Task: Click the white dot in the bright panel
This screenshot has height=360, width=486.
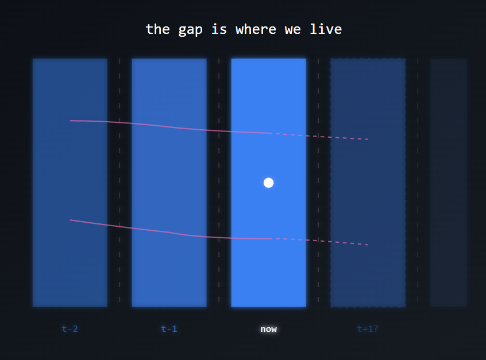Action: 268,183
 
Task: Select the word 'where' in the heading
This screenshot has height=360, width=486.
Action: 256,29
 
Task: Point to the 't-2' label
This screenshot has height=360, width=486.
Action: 70,329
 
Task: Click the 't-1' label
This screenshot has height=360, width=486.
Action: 169,329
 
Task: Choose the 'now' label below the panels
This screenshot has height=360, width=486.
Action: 268,329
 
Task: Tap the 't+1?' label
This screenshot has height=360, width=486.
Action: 368,329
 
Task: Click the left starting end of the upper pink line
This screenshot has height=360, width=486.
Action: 71,121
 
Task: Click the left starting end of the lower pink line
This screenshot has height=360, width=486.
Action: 71,220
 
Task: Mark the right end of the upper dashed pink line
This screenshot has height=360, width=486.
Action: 368,140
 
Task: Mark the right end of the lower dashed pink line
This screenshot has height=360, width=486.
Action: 368,245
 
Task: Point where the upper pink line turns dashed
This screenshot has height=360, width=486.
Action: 271,133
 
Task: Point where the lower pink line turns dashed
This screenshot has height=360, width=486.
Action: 271,238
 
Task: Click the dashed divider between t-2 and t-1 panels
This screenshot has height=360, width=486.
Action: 119,183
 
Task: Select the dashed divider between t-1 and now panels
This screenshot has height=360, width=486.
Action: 219,183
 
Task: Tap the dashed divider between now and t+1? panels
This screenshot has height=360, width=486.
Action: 318,183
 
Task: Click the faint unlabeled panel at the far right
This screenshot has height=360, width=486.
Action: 448,183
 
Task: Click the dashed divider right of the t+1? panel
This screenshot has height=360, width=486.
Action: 418,183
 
